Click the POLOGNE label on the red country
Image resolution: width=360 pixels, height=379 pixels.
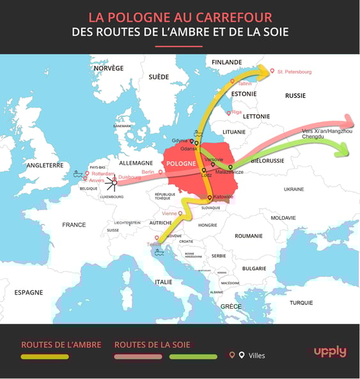181,164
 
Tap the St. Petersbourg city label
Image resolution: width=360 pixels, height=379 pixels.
294,72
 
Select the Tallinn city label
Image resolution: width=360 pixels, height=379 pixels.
244,84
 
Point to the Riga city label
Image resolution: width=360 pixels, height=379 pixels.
237,112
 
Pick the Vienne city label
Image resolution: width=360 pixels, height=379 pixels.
169,213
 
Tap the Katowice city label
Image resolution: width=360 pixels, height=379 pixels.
223,197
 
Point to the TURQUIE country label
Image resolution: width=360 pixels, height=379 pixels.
302,302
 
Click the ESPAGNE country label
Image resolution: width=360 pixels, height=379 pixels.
29,292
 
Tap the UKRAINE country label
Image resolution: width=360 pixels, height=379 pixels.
293,189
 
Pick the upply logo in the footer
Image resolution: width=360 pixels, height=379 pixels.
330,352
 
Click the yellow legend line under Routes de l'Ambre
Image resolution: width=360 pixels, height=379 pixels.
45,357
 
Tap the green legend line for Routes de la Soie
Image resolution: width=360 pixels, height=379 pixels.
193,357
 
